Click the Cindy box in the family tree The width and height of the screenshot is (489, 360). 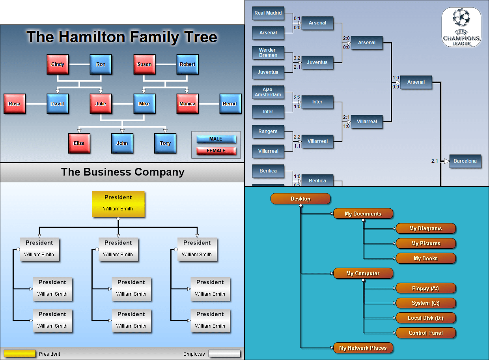pos(58,64)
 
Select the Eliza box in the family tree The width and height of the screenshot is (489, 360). pos(79,143)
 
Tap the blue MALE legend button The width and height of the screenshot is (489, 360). pos(216,139)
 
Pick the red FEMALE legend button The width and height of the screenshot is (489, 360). pos(216,151)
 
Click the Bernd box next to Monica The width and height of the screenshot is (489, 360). pos(230,104)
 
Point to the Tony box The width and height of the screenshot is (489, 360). pos(165,143)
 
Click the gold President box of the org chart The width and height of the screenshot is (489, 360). pos(118,204)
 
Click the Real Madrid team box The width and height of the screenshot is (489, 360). pos(268,13)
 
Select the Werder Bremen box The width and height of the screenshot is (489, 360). pos(268,52)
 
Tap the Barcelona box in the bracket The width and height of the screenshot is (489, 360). pos(465,161)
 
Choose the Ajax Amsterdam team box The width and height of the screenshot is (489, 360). pos(268,92)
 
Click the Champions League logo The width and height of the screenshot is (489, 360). pos(461,28)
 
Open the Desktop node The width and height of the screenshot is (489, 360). pos(300,199)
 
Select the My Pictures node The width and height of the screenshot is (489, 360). pos(426,244)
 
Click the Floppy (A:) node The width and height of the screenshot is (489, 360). pos(426,288)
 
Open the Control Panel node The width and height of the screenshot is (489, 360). pos(426,333)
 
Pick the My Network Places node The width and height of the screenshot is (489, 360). pos(363,348)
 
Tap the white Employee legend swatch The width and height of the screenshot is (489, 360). pos(224,354)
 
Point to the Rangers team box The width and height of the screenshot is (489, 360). pos(268,131)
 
